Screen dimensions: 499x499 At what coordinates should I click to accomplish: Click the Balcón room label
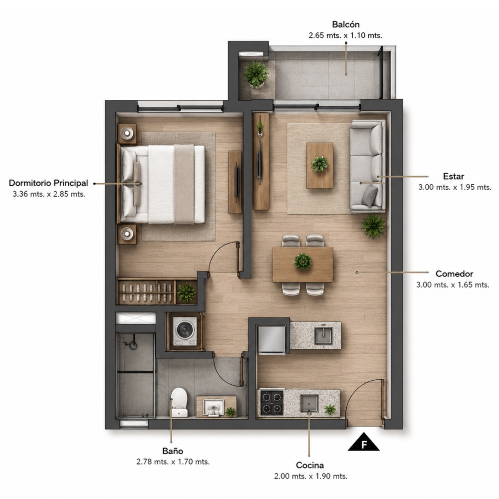point(346,24)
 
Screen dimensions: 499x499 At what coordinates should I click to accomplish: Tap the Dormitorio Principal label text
point(48,183)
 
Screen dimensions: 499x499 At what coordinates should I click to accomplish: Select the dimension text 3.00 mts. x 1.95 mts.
point(455,187)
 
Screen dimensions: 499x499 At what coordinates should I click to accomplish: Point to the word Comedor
point(454,273)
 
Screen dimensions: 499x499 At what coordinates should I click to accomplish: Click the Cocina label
point(310,465)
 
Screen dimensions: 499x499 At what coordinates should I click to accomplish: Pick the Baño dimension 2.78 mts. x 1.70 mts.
point(173,462)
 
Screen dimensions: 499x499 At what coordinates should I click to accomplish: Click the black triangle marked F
point(364,442)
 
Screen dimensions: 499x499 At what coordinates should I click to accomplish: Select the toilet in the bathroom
point(179,402)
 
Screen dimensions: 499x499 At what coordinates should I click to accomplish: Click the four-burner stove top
point(272,403)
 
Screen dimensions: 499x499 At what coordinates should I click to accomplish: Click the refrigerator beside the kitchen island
point(272,339)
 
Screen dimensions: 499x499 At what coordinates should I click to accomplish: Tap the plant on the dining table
point(303,261)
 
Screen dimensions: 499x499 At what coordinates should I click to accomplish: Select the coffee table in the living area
point(320,165)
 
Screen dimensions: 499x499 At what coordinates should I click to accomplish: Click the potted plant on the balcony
point(256,74)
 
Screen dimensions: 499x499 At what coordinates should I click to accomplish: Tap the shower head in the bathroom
point(132,345)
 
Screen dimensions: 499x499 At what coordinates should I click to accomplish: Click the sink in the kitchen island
point(324,336)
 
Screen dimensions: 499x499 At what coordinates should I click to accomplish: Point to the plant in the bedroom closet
point(186,292)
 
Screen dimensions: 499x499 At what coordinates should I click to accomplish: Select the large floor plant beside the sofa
point(374,226)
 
